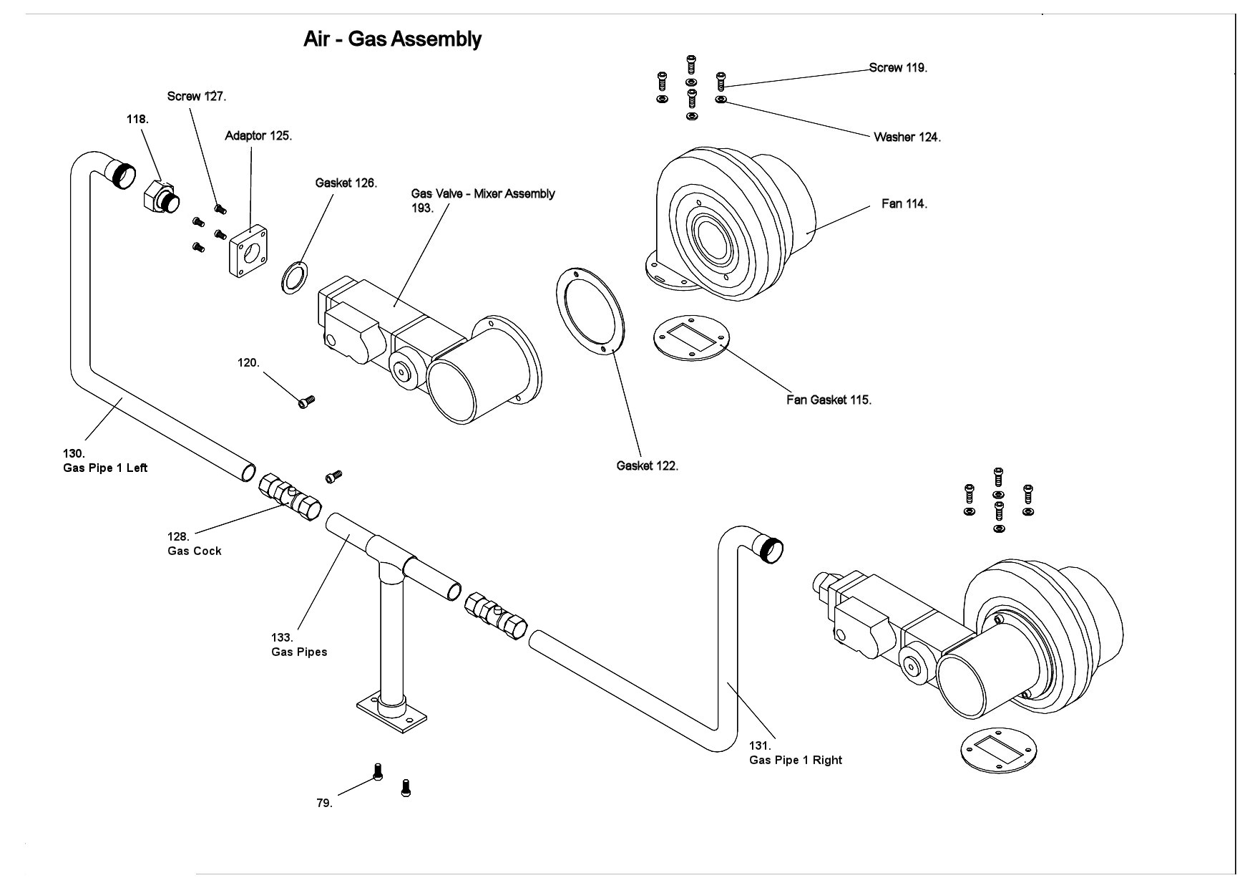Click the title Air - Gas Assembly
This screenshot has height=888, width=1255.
coord(392,39)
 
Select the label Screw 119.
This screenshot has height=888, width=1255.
coord(898,68)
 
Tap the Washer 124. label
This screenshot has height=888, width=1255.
coord(907,137)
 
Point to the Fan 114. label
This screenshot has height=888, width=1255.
coord(904,204)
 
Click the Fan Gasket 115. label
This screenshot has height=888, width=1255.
coord(829,400)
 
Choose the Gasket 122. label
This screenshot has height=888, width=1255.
coord(647,466)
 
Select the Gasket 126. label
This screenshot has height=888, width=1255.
coord(346,183)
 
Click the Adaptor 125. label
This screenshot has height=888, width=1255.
coord(258,136)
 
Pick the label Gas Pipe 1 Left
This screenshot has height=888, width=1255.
coord(105,468)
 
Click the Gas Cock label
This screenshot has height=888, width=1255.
coord(195,551)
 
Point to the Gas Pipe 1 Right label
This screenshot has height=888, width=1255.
coord(795,761)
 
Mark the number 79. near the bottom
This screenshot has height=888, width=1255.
coord(324,803)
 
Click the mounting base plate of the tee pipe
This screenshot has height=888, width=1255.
coord(392,714)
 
